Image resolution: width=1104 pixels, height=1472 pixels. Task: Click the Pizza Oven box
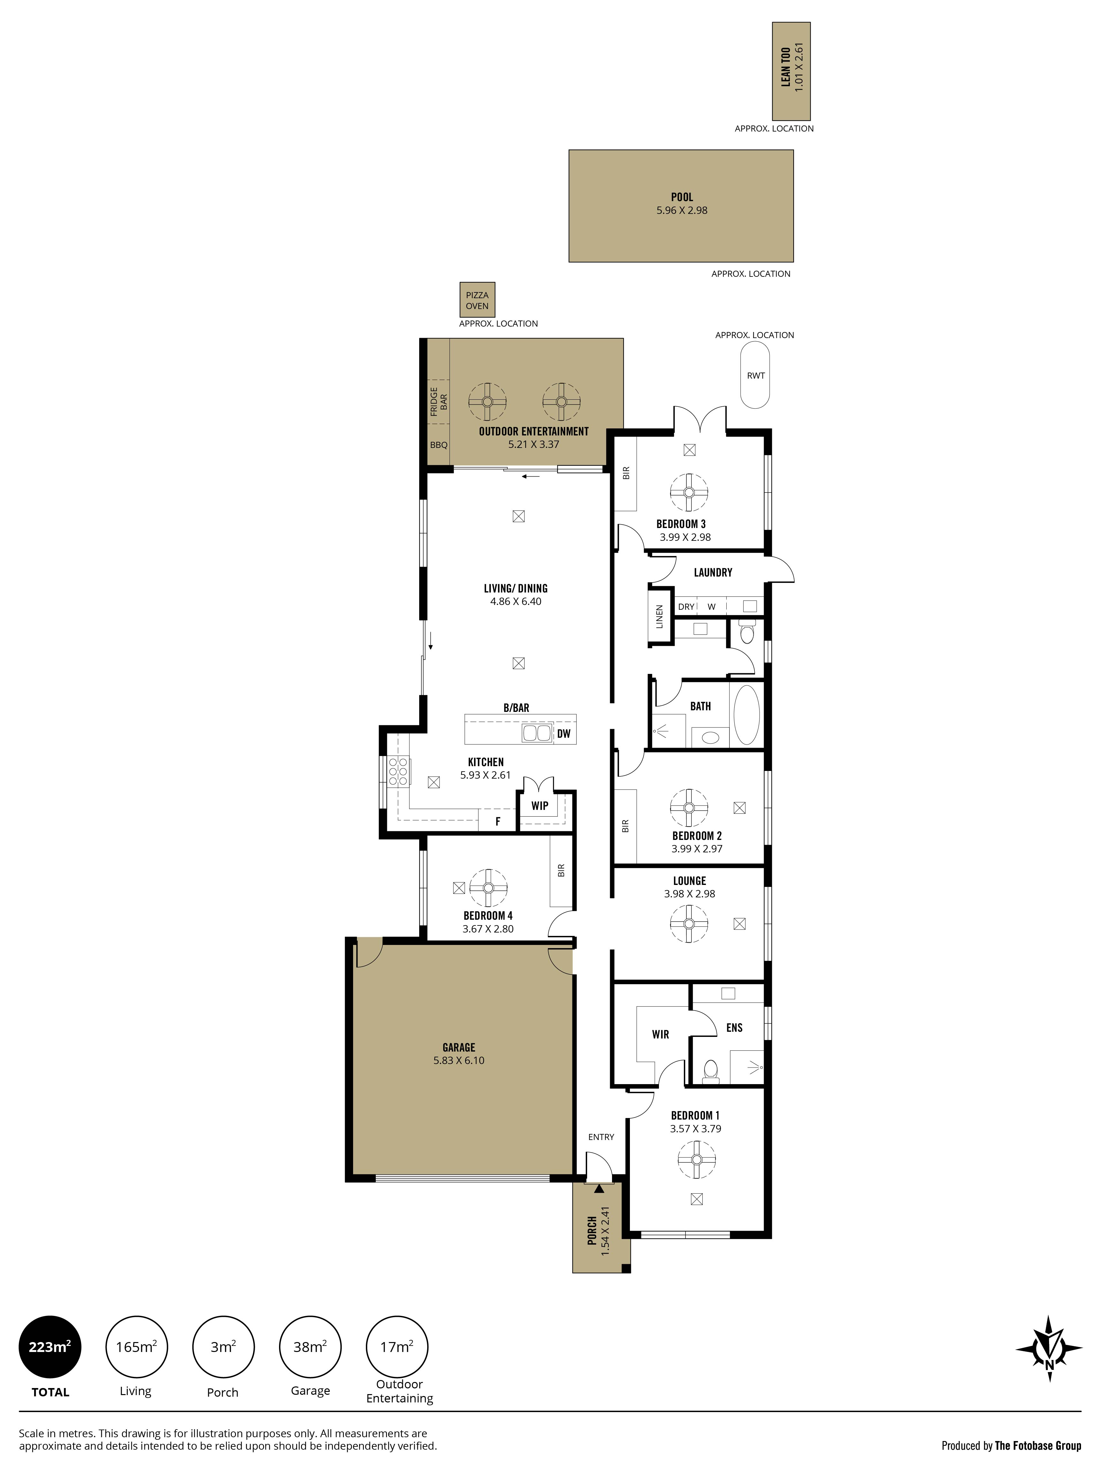477,300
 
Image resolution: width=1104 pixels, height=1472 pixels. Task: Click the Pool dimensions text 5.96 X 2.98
681,210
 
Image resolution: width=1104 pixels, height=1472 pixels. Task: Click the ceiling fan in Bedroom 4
488,888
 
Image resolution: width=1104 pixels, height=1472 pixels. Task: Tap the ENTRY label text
601,1136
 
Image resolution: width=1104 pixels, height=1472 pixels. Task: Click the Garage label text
458,1047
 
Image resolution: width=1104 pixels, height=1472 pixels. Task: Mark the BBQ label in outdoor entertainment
439,444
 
